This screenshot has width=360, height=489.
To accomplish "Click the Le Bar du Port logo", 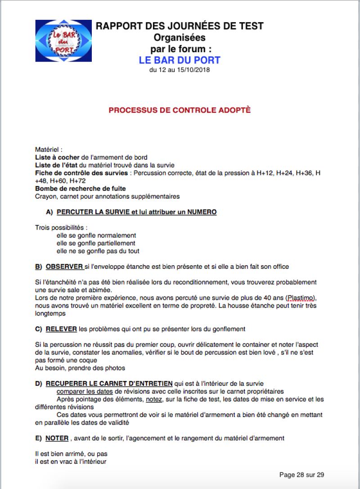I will pyautogui.click(x=63, y=41).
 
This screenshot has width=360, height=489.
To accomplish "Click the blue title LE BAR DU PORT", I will pyautogui.click(x=180, y=60).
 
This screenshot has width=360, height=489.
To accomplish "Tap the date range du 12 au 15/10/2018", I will pyautogui.click(x=180, y=70).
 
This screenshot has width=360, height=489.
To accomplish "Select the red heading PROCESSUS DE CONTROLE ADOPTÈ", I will pyautogui.click(x=180, y=110).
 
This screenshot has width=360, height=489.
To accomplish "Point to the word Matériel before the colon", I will pyautogui.click(x=47, y=149).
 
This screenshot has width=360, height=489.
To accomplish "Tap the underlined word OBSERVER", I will pyautogui.click(x=64, y=267).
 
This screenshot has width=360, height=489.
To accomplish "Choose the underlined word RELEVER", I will pyautogui.click(x=61, y=329).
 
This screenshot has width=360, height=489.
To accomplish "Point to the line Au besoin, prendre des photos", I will pyautogui.click(x=80, y=368).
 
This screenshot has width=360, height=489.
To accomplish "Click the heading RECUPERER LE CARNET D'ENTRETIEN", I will pyautogui.click(x=109, y=383).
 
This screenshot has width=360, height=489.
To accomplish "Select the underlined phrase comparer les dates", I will pyautogui.click(x=85, y=391).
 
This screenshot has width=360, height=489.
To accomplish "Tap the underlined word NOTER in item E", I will pyautogui.click(x=57, y=438).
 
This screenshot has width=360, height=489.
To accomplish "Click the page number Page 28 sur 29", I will pyautogui.click(x=301, y=475).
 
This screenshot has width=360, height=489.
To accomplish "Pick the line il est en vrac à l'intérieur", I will pyautogui.click(x=71, y=462).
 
